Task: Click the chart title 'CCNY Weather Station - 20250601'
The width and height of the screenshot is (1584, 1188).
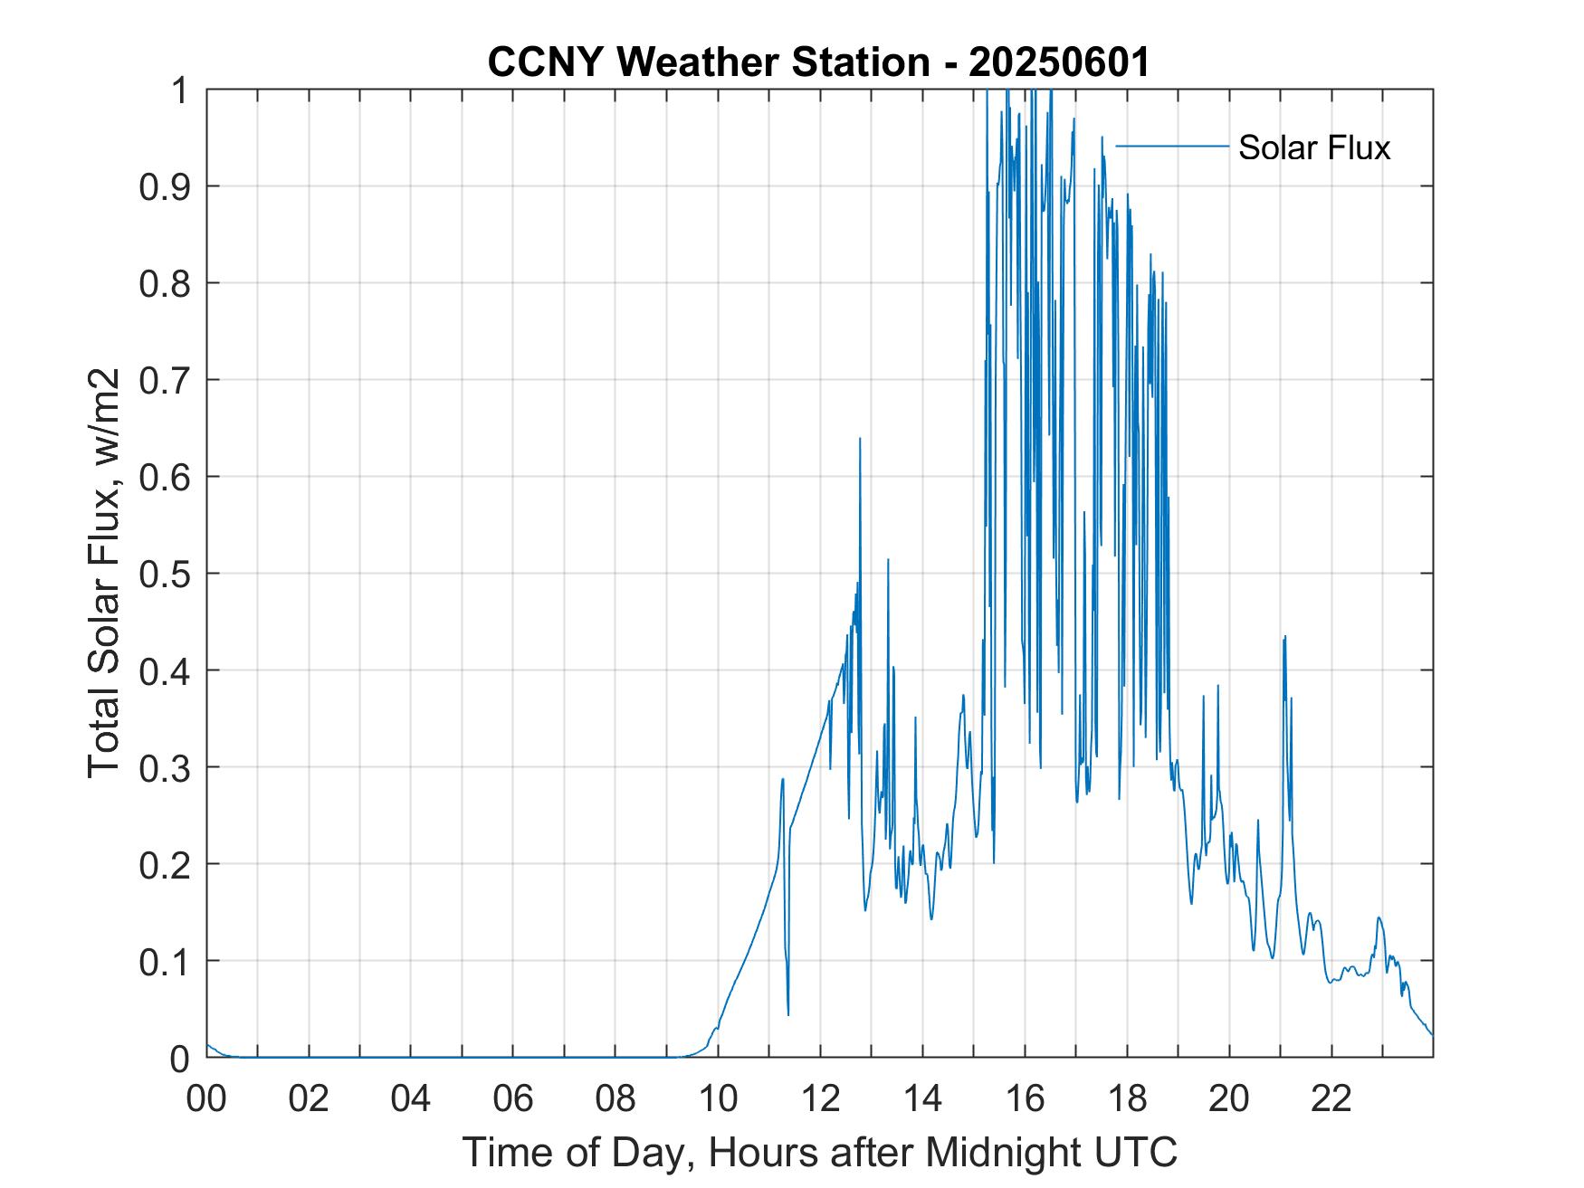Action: (x=818, y=62)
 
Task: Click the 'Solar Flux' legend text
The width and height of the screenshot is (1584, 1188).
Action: (x=1313, y=147)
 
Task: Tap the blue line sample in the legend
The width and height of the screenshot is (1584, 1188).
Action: (x=1172, y=146)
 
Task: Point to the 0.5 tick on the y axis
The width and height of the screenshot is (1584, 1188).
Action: (x=168, y=574)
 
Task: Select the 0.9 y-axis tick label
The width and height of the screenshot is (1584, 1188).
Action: (x=168, y=186)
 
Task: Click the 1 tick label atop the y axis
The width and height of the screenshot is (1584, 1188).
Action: (x=180, y=90)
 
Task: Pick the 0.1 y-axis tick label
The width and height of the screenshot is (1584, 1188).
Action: (x=168, y=961)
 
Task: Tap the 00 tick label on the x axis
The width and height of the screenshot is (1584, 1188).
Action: (x=206, y=1099)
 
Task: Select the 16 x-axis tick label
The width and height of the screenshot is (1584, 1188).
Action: (x=1025, y=1099)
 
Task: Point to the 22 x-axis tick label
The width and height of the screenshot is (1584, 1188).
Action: (x=1331, y=1099)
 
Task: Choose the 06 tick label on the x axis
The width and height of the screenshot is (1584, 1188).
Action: (x=513, y=1099)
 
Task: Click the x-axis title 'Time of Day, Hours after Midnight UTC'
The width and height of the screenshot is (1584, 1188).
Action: (x=820, y=1153)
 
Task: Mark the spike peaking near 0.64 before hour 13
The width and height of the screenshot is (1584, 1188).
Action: (x=860, y=440)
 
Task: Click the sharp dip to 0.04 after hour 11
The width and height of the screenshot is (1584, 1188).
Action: (x=788, y=1013)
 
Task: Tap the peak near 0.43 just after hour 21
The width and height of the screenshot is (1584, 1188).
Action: (x=1284, y=638)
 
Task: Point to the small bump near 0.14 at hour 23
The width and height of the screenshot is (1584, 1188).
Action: (x=1379, y=918)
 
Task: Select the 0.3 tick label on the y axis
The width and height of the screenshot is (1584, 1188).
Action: (x=168, y=767)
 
